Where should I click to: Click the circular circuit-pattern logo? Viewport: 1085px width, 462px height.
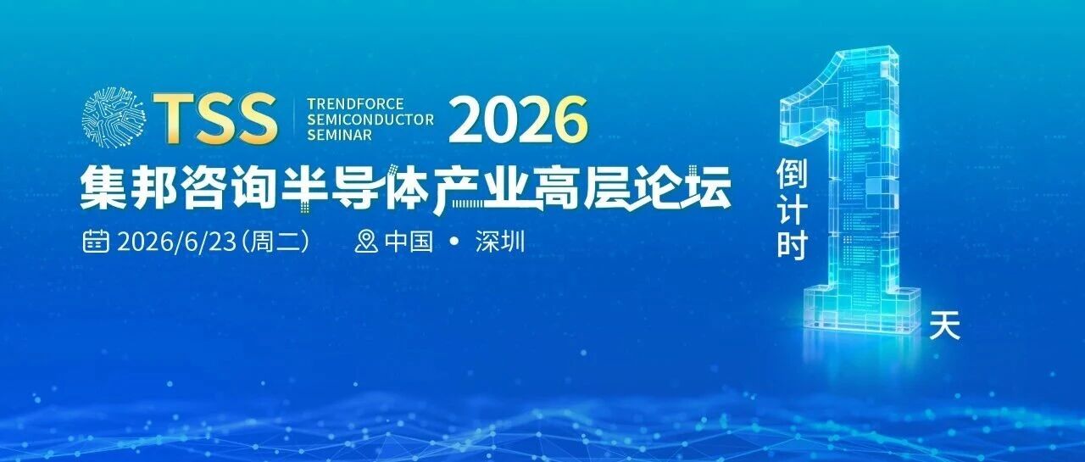(114, 117)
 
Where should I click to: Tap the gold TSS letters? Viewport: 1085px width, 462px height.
(215, 119)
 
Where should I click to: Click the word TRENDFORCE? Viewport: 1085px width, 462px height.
(355, 104)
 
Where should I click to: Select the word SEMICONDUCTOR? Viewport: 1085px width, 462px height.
(370, 120)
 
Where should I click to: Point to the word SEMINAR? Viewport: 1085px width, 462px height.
(340, 135)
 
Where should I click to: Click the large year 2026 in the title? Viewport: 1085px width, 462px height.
(518, 120)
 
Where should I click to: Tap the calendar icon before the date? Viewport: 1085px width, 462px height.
(96, 241)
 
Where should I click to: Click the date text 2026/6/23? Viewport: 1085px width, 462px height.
(176, 242)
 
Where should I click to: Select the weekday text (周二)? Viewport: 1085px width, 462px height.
(275, 242)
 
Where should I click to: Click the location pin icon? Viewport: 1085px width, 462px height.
(366, 241)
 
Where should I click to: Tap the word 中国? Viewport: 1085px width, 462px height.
(409, 241)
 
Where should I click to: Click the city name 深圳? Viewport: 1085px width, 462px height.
(500, 241)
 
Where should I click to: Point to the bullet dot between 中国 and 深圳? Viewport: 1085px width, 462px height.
(454, 241)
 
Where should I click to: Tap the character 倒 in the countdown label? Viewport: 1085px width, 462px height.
(793, 175)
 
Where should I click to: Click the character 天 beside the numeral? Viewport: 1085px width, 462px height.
(944, 326)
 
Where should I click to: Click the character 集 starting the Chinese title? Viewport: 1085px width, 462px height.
(103, 187)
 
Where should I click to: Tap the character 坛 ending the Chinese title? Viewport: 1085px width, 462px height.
(708, 187)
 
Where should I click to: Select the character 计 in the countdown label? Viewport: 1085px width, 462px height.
(793, 209)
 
